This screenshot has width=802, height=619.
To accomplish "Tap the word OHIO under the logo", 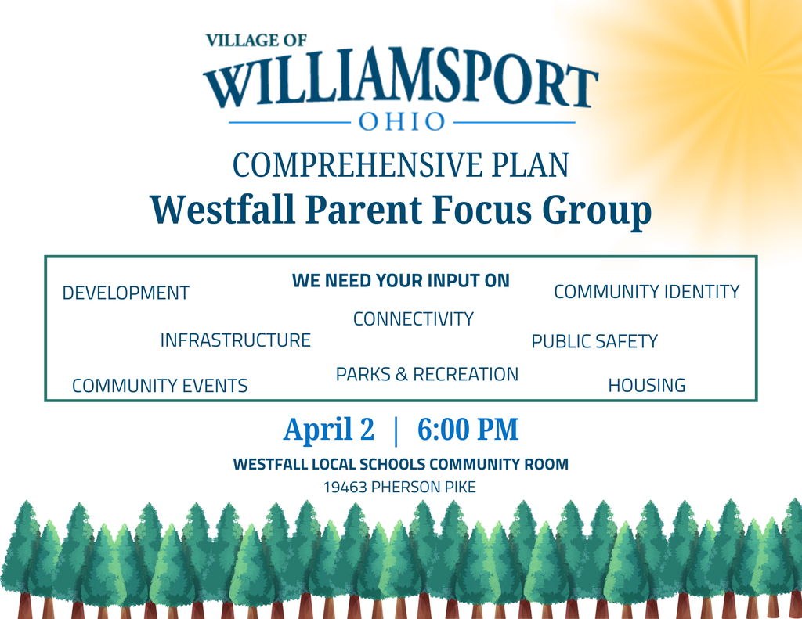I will (402, 122).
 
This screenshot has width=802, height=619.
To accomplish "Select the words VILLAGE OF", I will (256, 41).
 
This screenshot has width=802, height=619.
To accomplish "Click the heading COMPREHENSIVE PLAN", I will (400, 166).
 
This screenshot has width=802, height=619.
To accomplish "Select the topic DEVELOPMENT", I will (125, 293).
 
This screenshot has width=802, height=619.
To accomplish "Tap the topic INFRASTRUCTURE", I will (235, 340).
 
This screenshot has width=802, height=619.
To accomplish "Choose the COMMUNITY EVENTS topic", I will (160, 386).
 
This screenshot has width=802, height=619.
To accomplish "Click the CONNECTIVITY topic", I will (414, 319).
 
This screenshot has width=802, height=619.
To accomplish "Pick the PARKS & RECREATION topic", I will (427, 375).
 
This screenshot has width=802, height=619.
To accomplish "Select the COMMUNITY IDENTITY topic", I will (646, 292).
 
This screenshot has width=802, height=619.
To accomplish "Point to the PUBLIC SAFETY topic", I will (594, 342).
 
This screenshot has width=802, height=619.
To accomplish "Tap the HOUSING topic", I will (646, 386).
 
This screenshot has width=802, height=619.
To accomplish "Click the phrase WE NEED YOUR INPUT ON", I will (400, 280).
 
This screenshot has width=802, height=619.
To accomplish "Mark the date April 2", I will (329, 430).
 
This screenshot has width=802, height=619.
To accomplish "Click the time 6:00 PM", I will (468, 430).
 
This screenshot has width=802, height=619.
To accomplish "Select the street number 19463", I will (345, 488).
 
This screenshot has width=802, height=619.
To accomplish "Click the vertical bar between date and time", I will (396, 430).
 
